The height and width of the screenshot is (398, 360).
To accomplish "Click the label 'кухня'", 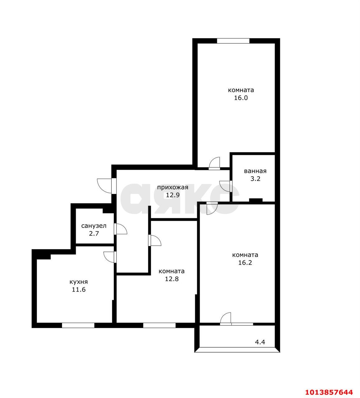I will coord(78,282).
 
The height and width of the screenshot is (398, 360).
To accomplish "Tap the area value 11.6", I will coord(78,290).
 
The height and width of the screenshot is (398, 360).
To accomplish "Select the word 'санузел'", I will coord(94,226).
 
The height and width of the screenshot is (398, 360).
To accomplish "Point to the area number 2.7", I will coord(94,234).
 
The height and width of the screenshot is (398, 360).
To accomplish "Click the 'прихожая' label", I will coord(172,187).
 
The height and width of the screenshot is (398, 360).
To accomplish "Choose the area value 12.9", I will coord(172,195).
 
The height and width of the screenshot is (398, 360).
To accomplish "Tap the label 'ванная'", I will coord(255,171).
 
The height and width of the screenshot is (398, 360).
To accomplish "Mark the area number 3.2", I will coord(255,179).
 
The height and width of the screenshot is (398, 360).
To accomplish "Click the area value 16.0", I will coord(241,98).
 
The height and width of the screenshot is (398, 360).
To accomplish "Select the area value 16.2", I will coord(245,263).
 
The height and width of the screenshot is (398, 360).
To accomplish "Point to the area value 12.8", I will coord(171,279).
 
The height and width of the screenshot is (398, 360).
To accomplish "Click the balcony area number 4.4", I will coord(260,342).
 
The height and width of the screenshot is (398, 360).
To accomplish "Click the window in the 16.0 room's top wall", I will coord(233,41).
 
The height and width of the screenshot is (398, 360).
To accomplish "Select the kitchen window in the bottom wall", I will coord(78,325).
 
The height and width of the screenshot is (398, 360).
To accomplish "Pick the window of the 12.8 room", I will coord(159,325).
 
